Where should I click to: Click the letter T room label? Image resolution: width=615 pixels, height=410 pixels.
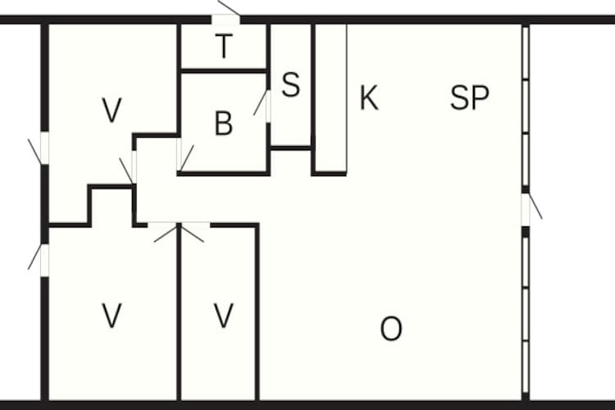(x=224, y=46)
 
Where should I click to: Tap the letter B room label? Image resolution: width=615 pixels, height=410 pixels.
(x=224, y=123)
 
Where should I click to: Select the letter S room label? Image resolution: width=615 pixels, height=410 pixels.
(x=291, y=84)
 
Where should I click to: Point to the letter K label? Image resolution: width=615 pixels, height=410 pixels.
(x=369, y=98)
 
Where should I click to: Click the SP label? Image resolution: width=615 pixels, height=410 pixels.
(x=470, y=98)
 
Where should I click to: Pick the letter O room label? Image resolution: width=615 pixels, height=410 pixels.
(x=391, y=329)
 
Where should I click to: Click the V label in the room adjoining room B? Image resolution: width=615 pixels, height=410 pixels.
(x=112, y=110)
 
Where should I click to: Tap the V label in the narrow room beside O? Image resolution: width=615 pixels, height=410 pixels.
(x=224, y=316)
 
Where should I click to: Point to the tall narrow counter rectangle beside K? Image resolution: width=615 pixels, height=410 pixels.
(x=331, y=98)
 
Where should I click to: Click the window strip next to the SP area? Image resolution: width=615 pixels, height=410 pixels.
(x=526, y=107)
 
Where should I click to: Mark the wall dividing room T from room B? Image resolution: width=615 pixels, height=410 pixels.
(x=224, y=71)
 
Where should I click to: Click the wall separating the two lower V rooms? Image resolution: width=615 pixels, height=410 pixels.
(x=179, y=312)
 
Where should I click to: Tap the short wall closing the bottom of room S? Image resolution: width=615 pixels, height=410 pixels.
(x=291, y=148)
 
